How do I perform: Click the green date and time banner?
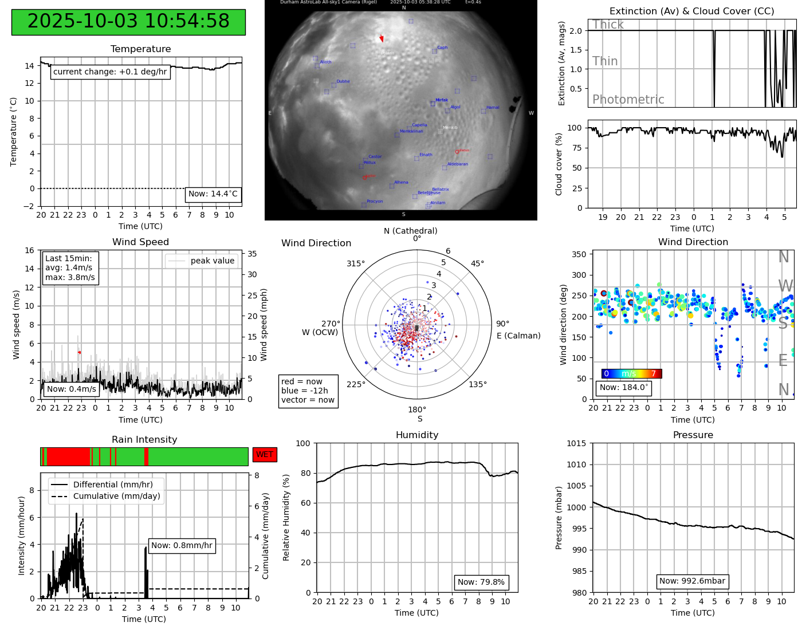click(x=128, y=22)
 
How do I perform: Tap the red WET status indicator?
click(x=265, y=454)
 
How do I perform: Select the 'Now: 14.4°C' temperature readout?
click(x=213, y=194)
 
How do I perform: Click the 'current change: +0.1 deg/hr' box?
click(x=110, y=72)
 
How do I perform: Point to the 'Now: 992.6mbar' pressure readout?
click(x=692, y=581)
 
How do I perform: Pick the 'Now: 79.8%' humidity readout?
click(x=481, y=582)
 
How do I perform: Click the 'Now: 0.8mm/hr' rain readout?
click(x=182, y=545)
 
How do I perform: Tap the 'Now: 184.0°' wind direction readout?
click(x=623, y=387)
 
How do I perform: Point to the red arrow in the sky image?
click(x=382, y=38)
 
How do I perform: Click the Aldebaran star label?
click(x=457, y=164)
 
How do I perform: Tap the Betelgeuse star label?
click(x=428, y=193)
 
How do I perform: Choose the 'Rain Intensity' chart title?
click(x=144, y=439)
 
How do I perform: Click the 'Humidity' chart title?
click(x=417, y=435)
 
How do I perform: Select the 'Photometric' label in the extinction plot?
click(x=628, y=100)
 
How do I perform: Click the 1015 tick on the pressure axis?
click(x=577, y=443)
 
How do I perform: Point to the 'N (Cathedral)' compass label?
click(x=410, y=231)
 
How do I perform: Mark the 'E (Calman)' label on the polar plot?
click(x=518, y=336)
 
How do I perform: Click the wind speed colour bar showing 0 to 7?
click(x=631, y=373)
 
